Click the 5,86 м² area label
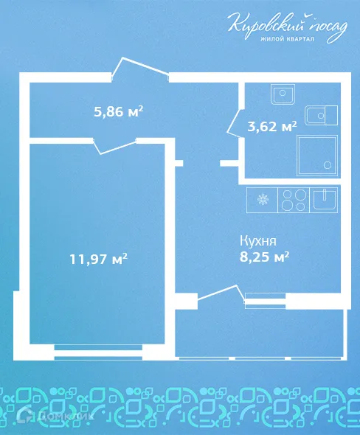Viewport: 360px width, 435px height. click(118, 112)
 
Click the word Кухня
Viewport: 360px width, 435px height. click(257, 240)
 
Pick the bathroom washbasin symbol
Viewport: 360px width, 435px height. click(283, 94)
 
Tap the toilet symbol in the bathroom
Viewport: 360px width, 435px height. click(322, 115)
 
